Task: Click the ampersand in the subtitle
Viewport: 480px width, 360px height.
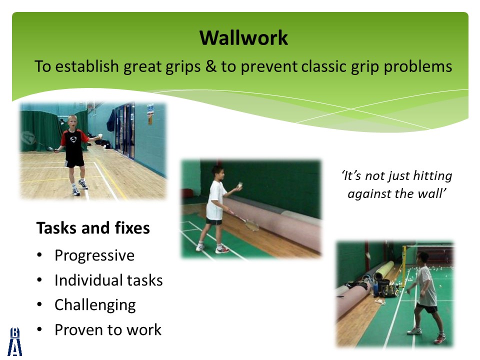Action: coord(210,66)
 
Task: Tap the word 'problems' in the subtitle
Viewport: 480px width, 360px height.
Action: coord(418,67)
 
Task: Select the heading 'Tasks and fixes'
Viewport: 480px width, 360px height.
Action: coord(93,228)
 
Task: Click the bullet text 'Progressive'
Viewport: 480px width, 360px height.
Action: coord(94,255)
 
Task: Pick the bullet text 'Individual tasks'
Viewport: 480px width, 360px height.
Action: coord(108,280)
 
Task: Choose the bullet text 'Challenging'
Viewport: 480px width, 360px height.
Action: coord(95,305)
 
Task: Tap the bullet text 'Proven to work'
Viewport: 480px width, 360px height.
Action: coord(108,329)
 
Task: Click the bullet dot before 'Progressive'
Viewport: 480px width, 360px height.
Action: coord(39,255)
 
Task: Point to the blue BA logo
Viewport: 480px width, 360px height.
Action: coord(15,341)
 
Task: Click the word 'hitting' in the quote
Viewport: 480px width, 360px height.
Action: coord(432,176)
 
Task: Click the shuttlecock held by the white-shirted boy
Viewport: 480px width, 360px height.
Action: coord(240,185)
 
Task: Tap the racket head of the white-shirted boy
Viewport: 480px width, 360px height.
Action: coord(252,225)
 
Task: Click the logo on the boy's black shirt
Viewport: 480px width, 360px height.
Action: coord(73,139)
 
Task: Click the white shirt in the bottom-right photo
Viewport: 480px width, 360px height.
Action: coord(427,286)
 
